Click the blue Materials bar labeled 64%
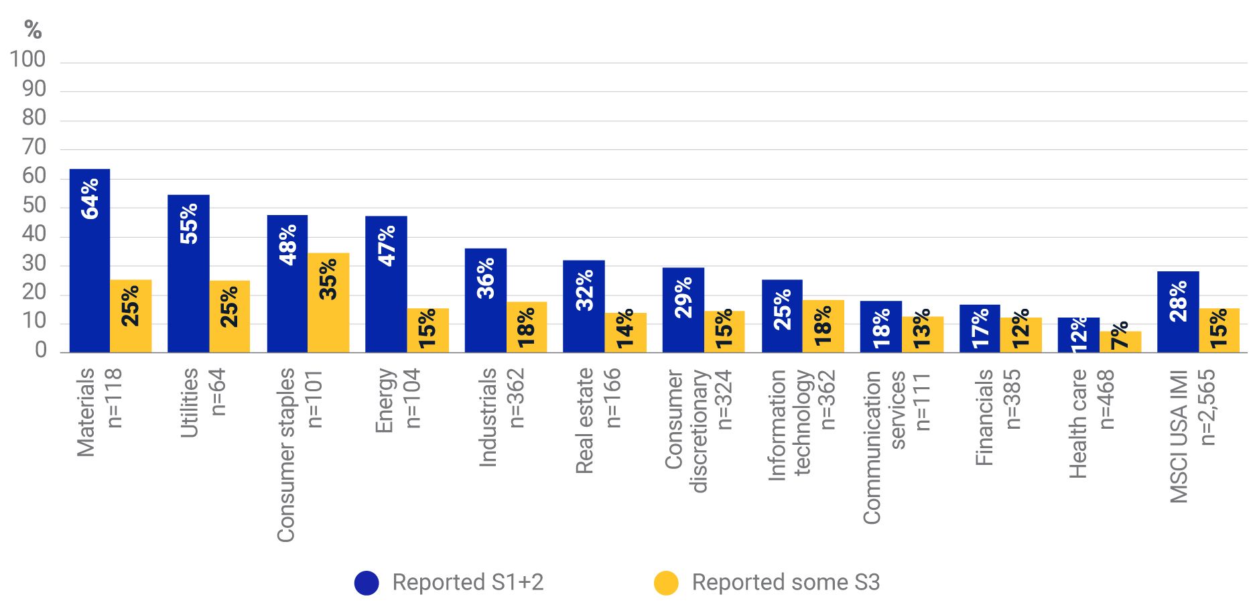[90, 261]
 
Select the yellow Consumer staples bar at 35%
[328, 303]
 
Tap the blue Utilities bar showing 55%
[188, 274]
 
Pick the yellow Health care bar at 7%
[1120, 342]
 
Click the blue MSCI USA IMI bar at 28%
[1178, 312]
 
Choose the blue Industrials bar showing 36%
[486, 301]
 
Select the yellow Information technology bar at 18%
[823, 326]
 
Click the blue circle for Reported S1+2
[367, 583]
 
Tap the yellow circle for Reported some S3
[666, 583]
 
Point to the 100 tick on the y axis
[27, 60]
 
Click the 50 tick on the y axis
[34, 206]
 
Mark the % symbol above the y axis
[32, 30]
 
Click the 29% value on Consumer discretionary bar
[683, 297]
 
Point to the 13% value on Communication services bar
[922, 328]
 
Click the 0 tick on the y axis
[41, 350]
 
